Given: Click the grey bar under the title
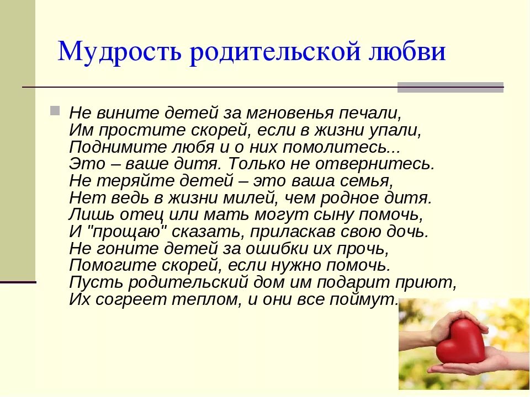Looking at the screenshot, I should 451,87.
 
